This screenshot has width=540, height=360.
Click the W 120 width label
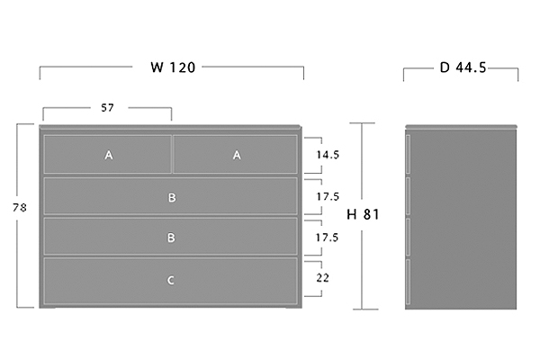pyautogui.click(x=173, y=67)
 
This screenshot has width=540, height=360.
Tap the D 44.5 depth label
pyautogui.click(x=463, y=67)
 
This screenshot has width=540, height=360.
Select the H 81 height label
pyautogui.click(x=363, y=214)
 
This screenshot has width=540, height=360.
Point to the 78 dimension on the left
pyautogui.click(x=20, y=208)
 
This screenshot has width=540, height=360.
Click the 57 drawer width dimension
pyautogui.click(x=107, y=108)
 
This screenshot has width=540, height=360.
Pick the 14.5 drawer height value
pyautogui.click(x=328, y=155)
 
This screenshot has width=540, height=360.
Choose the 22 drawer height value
pyautogui.click(x=323, y=278)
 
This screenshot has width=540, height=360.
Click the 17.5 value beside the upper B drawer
pyautogui.click(x=328, y=196)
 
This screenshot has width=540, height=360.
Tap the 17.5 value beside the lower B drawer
pyautogui.click(x=328, y=238)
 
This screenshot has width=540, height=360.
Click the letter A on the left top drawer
pyautogui.click(x=109, y=156)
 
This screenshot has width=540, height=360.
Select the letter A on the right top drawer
pyautogui.click(x=237, y=156)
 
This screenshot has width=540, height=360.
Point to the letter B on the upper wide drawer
pyautogui.click(x=172, y=198)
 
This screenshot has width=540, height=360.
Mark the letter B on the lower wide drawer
pyautogui.click(x=171, y=238)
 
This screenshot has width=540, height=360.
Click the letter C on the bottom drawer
pyautogui.click(x=171, y=281)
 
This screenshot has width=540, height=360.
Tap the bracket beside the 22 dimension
pyautogui.click(x=321, y=278)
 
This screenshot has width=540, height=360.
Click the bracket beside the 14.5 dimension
pyautogui.click(x=321, y=155)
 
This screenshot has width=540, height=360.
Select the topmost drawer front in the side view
pyautogui.click(x=408, y=154)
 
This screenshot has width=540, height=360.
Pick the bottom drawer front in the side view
pyautogui.click(x=408, y=282)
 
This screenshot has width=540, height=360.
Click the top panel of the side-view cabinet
pyautogui.click(x=461, y=127)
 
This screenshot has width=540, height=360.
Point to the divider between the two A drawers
pyautogui.click(x=172, y=154)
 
